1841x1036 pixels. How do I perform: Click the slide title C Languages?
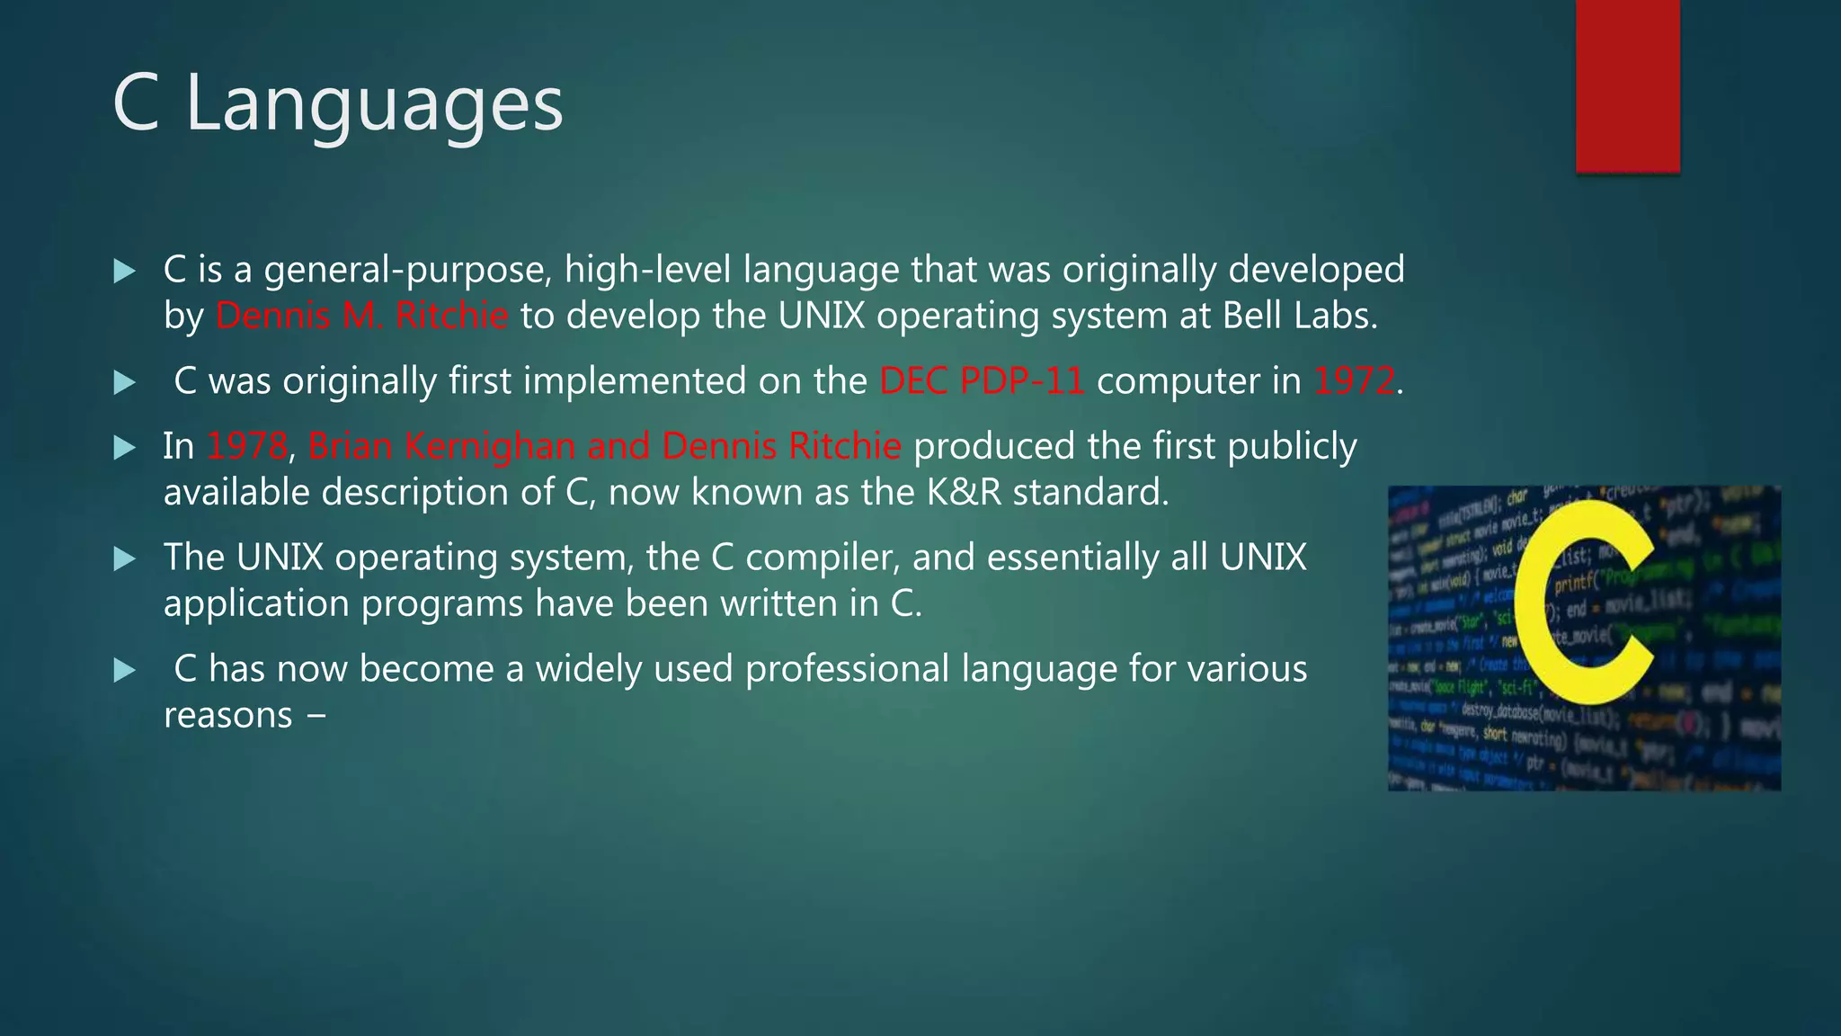click(x=338, y=104)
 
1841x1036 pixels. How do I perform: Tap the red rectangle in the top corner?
click(x=1627, y=85)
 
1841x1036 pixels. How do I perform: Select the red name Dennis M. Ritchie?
click(x=361, y=316)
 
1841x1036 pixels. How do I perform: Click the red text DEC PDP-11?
click(x=982, y=381)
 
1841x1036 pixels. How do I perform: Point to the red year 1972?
click(x=1354, y=381)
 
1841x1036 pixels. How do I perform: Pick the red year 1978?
click(x=246, y=446)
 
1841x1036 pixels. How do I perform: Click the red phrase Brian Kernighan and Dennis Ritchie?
click(x=604, y=446)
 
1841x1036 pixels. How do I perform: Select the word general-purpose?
click(x=406, y=270)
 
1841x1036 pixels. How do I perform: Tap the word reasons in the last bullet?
click(x=227, y=716)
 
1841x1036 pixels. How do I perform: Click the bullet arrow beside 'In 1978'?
click(x=124, y=447)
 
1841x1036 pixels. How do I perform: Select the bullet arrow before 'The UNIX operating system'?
click(x=124, y=558)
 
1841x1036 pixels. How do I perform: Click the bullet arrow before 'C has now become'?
click(x=124, y=670)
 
